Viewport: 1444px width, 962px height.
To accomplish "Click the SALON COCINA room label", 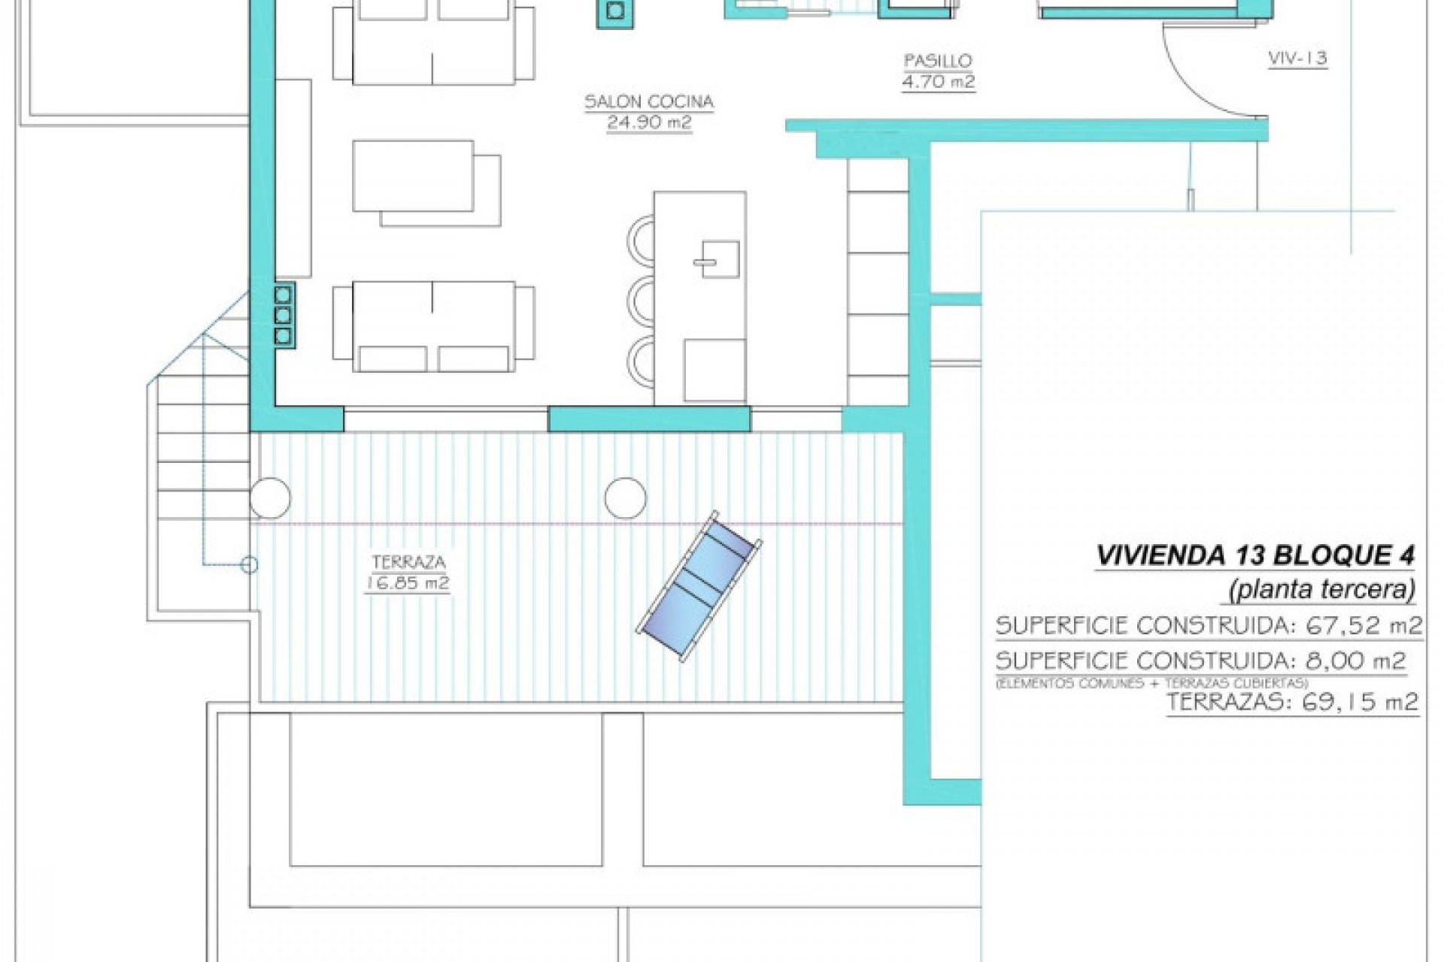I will click(649, 101).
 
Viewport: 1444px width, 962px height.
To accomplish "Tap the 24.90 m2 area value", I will click(649, 123).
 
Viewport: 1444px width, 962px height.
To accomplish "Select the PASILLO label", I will click(938, 60).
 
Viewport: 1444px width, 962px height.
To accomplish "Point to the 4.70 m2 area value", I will click(938, 81).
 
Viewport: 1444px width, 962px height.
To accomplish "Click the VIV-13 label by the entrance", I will click(1297, 58).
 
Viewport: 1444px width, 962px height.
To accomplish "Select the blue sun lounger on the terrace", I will click(699, 585).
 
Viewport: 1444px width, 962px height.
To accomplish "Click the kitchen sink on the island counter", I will click(717, 259).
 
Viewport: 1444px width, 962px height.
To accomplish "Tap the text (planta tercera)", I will click(1321, 590).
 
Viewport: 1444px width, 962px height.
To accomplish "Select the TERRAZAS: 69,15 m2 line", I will click(1291, 703).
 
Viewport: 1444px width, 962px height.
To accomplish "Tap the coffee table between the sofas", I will click(413, 176).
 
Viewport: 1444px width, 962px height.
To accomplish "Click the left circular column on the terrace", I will click(270, 498).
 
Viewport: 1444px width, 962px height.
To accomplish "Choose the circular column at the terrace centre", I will click(625, 498).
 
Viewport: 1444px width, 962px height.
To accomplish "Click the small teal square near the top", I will click(615, 11).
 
